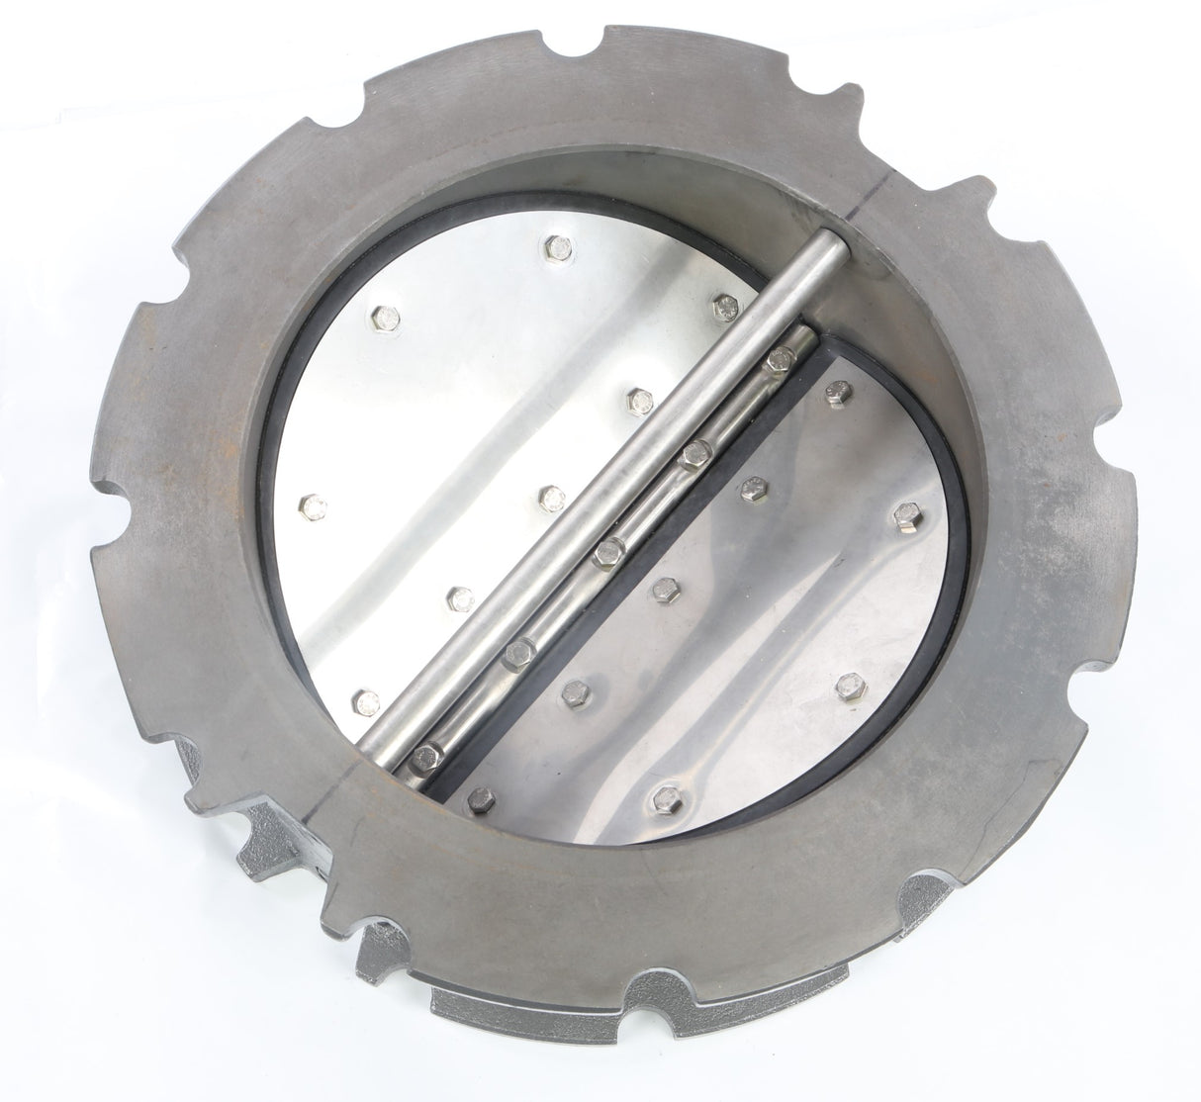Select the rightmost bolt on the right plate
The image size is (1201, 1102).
(x=905, y=515)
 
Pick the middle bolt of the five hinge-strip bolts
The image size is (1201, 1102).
(x=606, y=551)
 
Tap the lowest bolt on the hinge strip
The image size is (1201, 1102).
(x=431, y=750)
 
